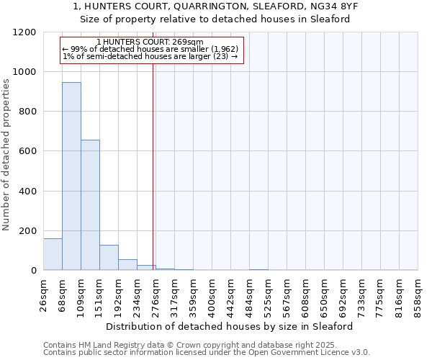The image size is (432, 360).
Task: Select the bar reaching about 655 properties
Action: (90, 205)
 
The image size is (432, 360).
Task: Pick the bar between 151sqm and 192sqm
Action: (109, 258)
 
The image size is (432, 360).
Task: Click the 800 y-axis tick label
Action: (27, 112)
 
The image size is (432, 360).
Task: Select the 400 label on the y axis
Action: (27, 192)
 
